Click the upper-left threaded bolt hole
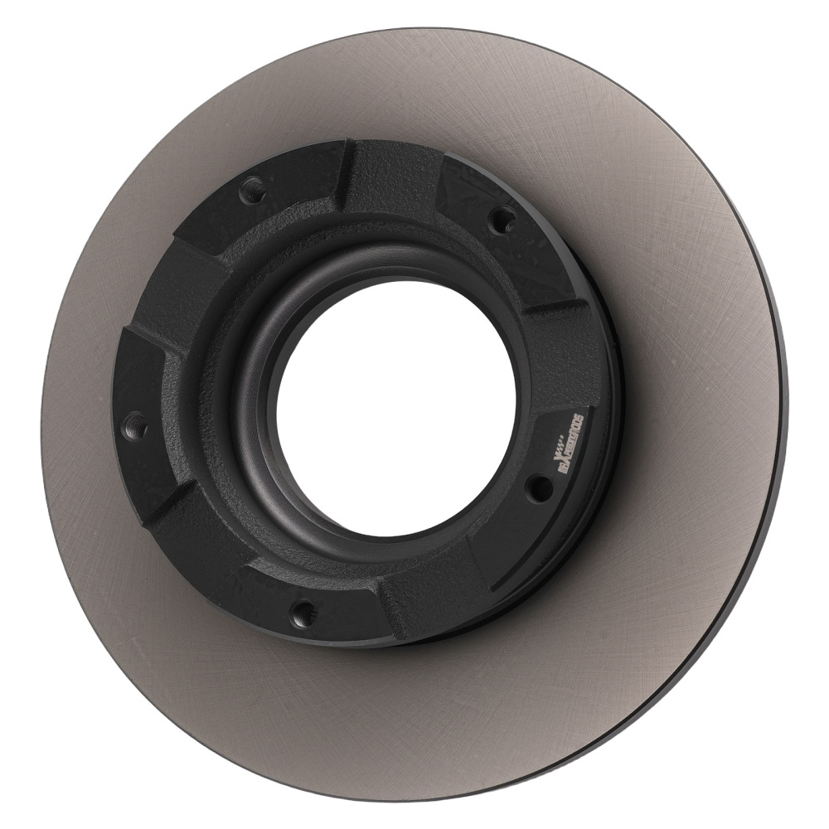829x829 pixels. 252,190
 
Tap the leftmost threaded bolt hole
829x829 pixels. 135,426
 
